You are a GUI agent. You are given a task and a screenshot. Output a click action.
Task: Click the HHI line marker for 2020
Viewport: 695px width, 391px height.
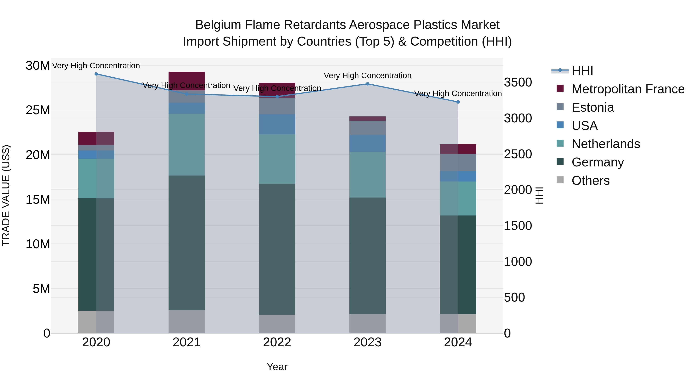click(96, 74)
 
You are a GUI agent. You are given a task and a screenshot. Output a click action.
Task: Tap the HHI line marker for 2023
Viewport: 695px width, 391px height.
click(367, 84)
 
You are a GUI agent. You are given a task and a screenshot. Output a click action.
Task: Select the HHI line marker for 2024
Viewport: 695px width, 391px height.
click(458, 102)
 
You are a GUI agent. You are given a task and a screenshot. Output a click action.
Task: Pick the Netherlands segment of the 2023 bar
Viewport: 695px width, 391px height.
click(367, 175)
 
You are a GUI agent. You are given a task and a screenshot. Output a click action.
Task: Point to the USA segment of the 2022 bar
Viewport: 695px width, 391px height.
click(277, 124)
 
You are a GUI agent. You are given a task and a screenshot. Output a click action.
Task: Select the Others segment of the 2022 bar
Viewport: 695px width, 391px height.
click(277, 324)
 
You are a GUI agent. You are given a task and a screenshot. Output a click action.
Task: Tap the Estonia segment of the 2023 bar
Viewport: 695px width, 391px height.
click(367, 128)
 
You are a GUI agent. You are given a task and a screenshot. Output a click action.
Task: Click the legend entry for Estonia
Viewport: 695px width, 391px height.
click(592, 107)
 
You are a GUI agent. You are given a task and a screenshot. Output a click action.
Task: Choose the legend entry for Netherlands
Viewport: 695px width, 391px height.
click(606, 144)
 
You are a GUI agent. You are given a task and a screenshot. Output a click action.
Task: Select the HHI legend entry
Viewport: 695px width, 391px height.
click(582, 71)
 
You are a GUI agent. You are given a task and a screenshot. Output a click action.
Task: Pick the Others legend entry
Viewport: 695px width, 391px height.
click(590, 181)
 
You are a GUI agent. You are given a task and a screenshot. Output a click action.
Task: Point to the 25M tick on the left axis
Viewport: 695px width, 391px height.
click(38, 110)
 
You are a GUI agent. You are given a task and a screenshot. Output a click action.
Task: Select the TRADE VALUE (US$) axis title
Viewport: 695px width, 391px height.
click(6, 196)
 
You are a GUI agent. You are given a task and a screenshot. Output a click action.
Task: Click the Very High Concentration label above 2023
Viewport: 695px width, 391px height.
click(367, 75)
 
